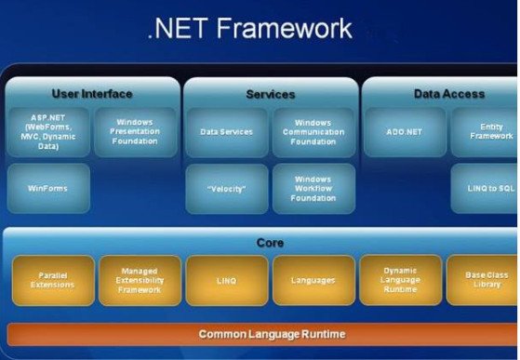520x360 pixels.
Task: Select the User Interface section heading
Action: point(92,94)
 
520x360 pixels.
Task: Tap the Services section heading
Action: point(270,94)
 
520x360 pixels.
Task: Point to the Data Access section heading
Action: point(448,94)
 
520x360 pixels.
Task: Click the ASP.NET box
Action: point(48,133)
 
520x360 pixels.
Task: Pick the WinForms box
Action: point(48,188)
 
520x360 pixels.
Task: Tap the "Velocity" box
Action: point(226,189)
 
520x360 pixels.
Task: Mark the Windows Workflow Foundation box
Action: point(313,189)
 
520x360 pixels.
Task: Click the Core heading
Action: point(270,243)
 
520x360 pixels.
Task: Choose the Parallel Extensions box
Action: point(53,280)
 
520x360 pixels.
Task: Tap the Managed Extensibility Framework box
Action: point(140,280)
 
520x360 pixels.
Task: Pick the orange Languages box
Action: point(313,280)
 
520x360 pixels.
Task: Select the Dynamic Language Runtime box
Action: point(400,279)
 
